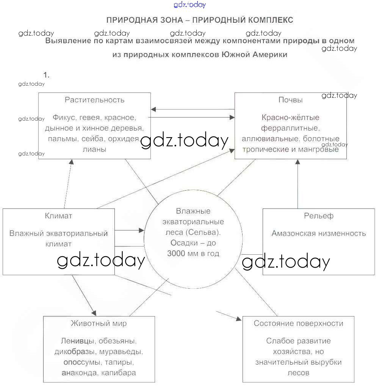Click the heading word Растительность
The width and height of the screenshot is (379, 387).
(x=94, y=100)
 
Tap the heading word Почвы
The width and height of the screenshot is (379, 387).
(x=290, y=100)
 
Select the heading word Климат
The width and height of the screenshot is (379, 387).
(x=58, y=216)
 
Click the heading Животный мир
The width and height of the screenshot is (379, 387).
(x=99, y=323)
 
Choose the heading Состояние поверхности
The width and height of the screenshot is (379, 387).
(x=298, y=323)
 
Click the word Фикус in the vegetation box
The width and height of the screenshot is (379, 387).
(x=63, y=118)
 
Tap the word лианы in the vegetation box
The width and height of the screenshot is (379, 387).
(x=94, y=149)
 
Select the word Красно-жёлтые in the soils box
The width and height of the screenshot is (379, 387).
(x=290, y=118)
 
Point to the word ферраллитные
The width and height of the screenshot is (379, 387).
(x=290, y=128)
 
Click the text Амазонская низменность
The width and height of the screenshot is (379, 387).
(x=318, y=233)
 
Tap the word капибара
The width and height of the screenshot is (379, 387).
(x=119, y=373)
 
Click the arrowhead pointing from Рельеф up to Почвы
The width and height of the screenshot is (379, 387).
(x=298, y=162)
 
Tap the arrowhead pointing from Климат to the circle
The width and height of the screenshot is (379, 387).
(x=142, y=230)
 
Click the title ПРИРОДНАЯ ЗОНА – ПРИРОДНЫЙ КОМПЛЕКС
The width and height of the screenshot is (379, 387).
(x=200, y=20)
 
